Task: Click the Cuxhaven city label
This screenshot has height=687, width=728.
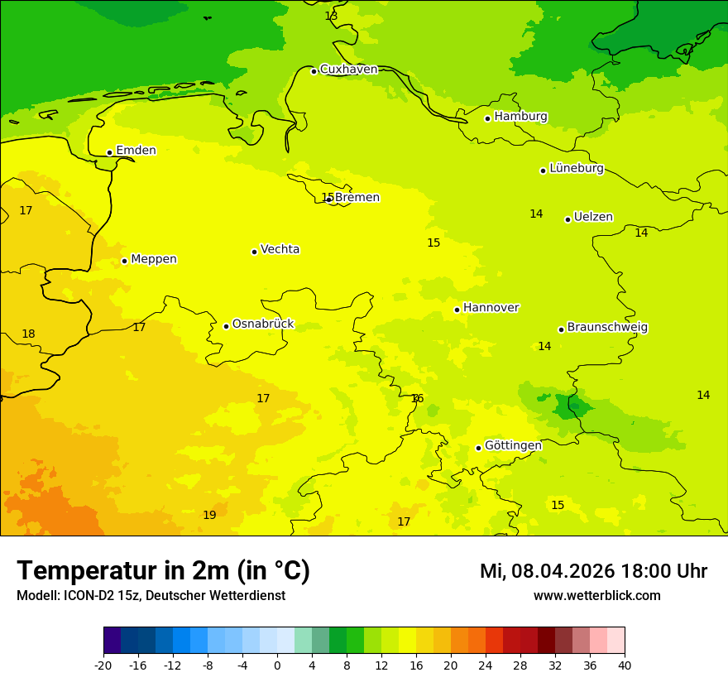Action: click(x=348, y=70)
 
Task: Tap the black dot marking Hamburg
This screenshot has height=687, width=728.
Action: click(x=488, y=118)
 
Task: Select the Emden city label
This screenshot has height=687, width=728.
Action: click(x=136, y=151)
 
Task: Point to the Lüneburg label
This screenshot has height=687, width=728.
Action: click(x=576, y=169)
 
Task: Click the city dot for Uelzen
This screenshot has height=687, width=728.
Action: click(x=568, y=219)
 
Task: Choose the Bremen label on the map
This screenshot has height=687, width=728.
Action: click(x=357, y=198)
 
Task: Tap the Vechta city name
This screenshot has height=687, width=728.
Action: click(x=280, y=249)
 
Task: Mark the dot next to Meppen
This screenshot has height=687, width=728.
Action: click(x=124, y=261)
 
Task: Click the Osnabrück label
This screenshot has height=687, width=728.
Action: click(x=262, y=324)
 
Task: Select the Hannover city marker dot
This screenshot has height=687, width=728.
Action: click(x=457, y=310)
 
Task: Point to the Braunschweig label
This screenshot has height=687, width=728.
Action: click(x=607, y=328)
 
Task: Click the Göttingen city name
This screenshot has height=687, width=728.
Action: click(x=513, y=446)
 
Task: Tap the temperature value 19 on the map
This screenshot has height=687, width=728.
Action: click(x=209, y=515)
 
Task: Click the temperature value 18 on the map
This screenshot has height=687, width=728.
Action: click(x=28, y=334)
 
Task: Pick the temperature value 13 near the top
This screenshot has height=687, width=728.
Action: click(x=331, y=16)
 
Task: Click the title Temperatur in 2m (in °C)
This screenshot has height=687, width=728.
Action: click(x=163, y=570)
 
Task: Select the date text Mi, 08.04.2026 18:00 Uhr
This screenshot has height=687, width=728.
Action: click(x=593, y=571)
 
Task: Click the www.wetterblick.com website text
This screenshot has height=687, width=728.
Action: click(x=596, y=596)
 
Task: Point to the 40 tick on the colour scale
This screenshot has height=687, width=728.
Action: click(x=625, y=665)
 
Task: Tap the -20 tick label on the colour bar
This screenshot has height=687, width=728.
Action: click(x=103, y=665)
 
